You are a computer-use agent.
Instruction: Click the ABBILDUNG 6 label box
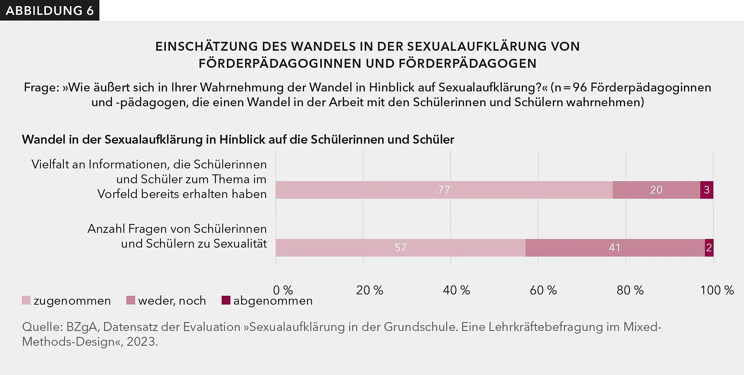click(x=50, y=10)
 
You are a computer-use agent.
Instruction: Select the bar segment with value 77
click(x=444, y=190)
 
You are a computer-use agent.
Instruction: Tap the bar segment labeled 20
click(x=656, y=190)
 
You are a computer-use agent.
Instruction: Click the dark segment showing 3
click(x=707, y=190)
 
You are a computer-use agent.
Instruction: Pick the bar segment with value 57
click(x=400, y=248)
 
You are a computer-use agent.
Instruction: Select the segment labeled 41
click(x=614, y=248)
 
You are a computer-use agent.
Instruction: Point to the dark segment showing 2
click(x=709, y=248)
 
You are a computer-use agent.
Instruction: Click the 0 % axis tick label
click(x=283, y=290)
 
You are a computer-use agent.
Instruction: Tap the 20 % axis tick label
click(x=370, y=290)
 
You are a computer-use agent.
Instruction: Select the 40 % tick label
click(x=456, y=290)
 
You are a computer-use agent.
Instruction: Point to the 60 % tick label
click(x=543, y=290)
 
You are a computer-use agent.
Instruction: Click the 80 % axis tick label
click(x=630, y=290)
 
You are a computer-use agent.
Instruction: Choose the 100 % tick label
click(x=717, y=290)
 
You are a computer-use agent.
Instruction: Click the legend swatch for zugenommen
click(x=26, y=300)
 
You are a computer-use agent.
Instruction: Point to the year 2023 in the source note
click(x=142, y=342)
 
